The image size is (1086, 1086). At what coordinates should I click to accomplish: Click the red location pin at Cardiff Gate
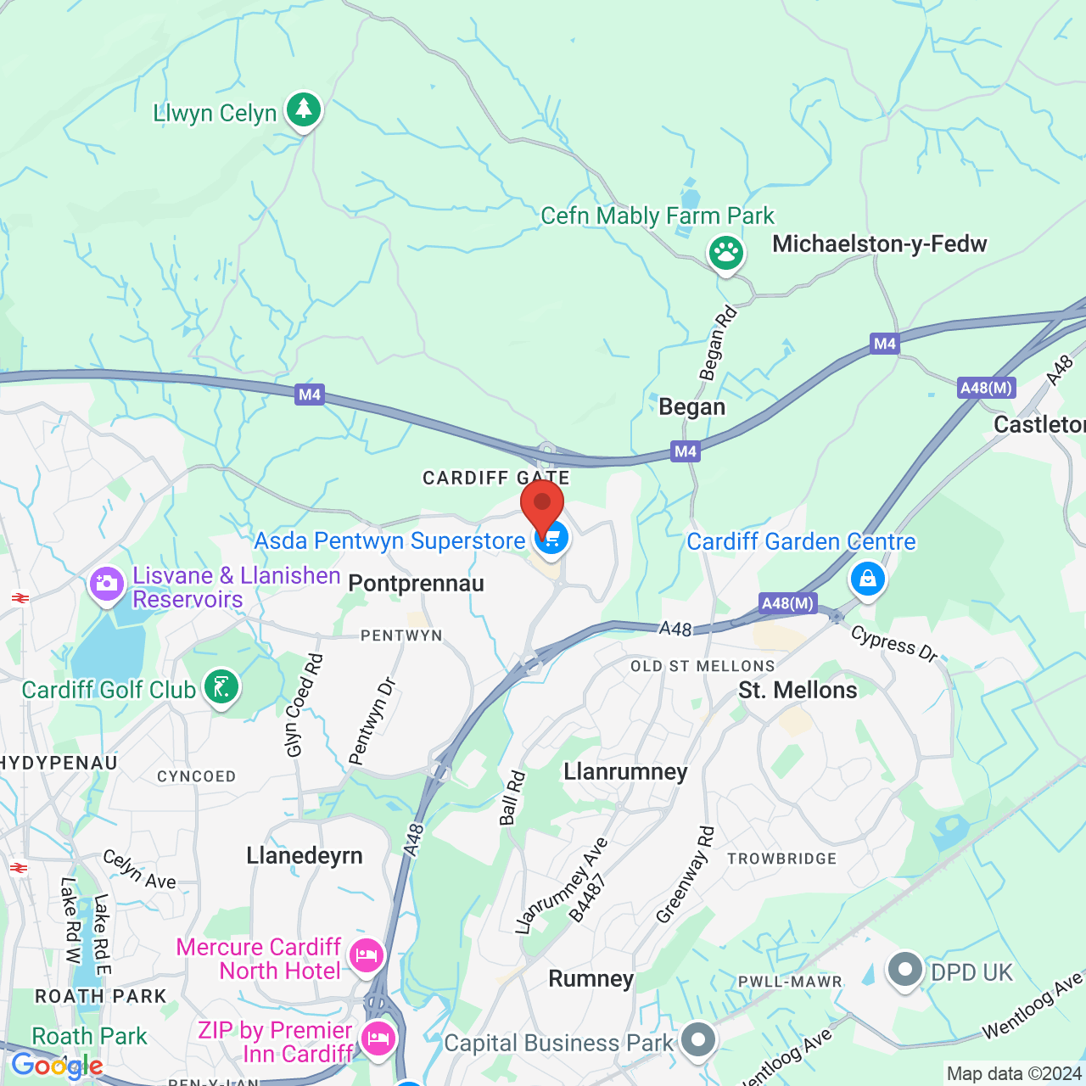click(x=542, y=504)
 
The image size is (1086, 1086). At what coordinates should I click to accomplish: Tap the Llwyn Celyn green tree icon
click(x=303, y=109)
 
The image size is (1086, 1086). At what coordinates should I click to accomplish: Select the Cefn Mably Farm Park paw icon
click(x=726, y=252)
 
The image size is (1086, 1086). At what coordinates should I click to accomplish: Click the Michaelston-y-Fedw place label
click(x=879, y=244)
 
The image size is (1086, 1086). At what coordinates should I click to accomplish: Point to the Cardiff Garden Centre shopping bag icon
click(x=867, y=579)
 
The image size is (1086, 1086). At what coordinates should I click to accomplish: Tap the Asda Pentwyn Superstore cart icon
click(x=551, y=539)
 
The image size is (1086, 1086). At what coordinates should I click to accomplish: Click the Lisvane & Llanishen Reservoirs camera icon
click(x=107, y=584)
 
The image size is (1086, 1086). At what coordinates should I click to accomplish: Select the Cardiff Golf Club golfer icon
click(x=221, y=687)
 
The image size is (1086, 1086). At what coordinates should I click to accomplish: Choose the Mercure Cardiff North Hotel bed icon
click(x=367, y=955)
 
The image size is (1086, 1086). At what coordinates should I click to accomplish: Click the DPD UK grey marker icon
click(x=904, y=969)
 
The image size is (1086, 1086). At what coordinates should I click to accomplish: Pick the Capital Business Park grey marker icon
click(x=698, y=1039)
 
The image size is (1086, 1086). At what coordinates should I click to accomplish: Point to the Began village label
click(x=692, y=407)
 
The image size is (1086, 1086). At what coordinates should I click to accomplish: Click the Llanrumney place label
click(x=625, y=772)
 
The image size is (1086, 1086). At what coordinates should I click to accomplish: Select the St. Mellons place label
click(x=798, y=691)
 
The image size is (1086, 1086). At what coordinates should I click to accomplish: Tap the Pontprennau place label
click(x=416, y=584)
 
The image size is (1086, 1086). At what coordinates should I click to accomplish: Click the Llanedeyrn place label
click(x=305, y=855)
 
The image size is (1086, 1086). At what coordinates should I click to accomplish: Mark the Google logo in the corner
click(x=57, y=1066)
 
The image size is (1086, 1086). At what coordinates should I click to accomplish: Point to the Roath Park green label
click(x=89, y=1037)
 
